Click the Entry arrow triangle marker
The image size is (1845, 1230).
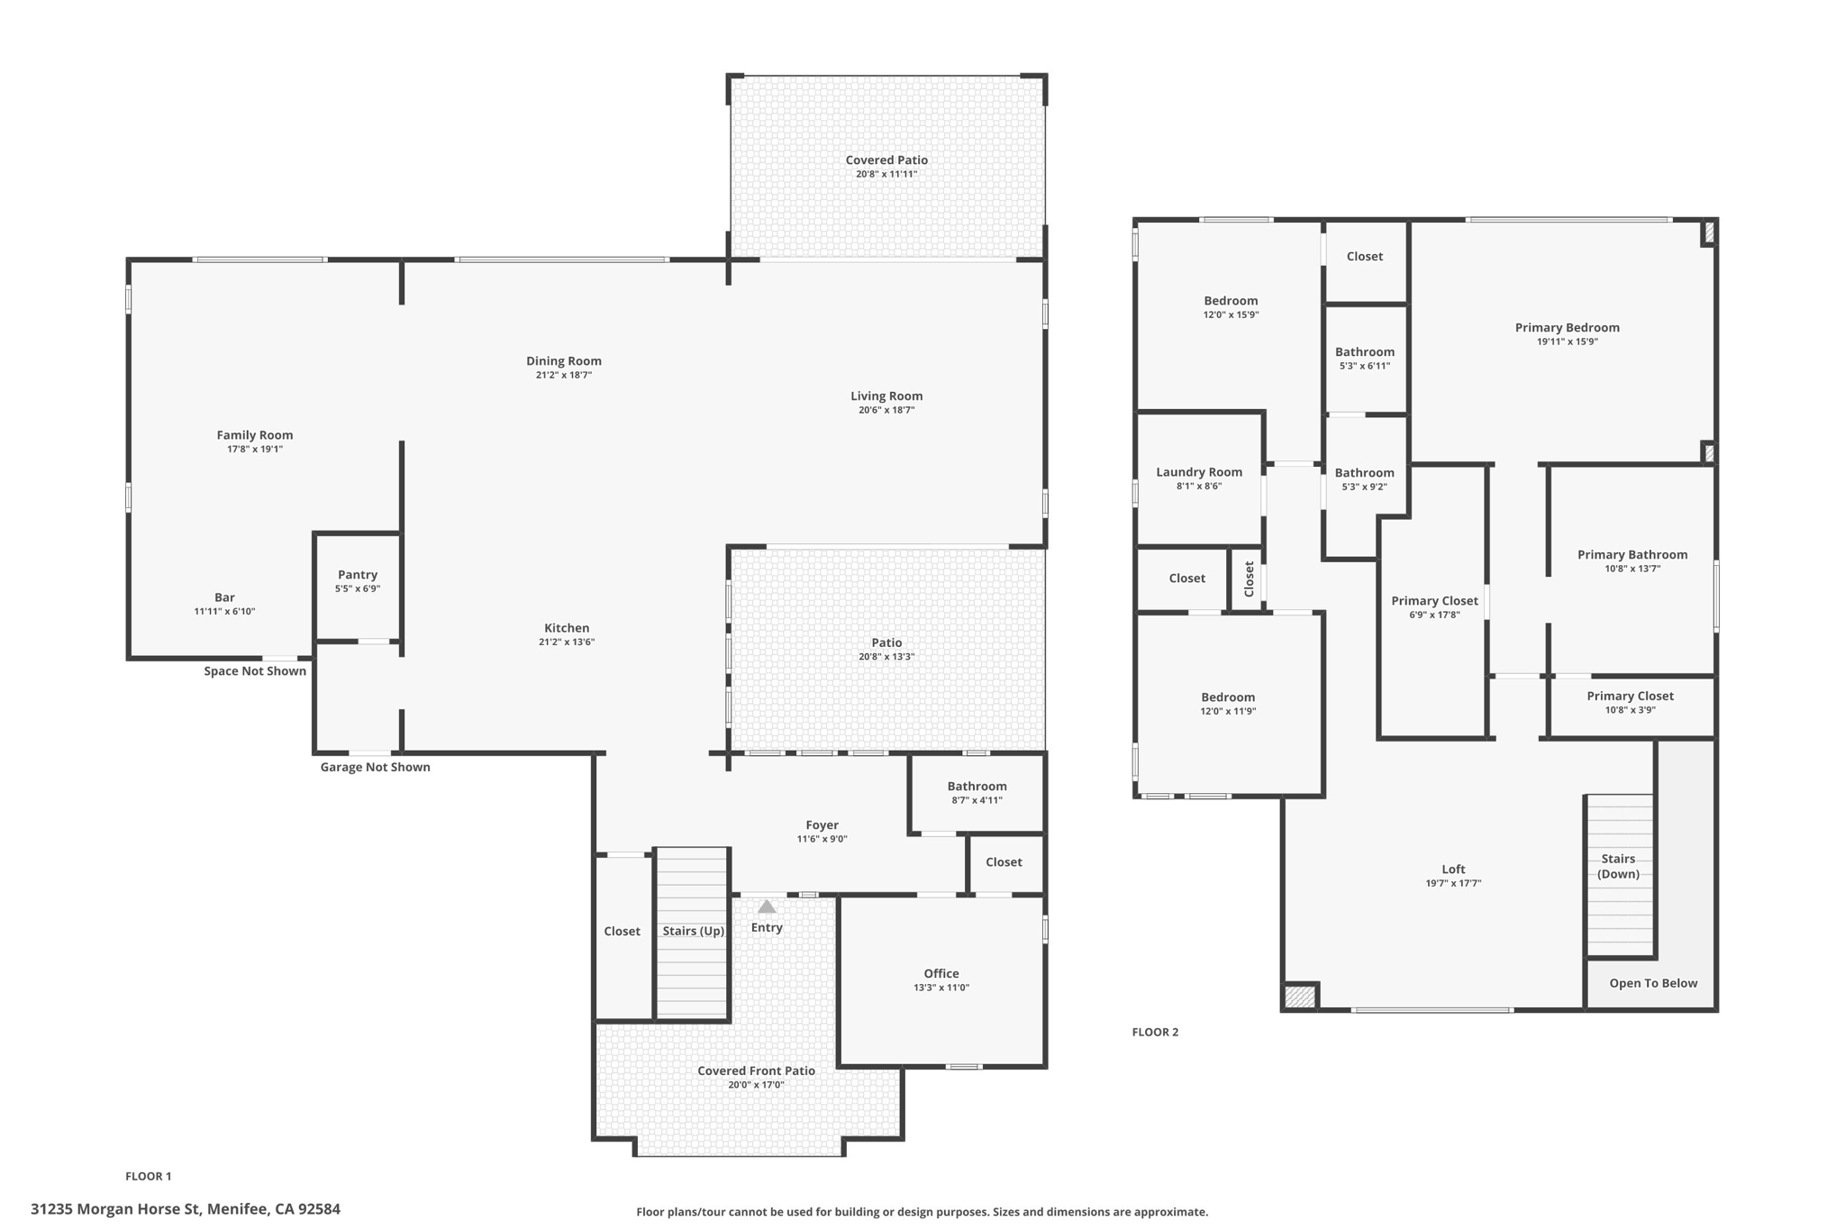(767, 907)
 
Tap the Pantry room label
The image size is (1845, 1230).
(358, 575)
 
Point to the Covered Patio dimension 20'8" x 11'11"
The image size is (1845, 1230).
(886, 174)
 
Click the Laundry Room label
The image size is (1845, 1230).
(1199, 472)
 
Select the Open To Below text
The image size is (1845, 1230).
(1653, 983)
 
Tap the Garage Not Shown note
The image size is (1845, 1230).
(375, 768)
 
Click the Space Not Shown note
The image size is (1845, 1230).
(255, 671)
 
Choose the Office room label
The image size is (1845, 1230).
(941, 973)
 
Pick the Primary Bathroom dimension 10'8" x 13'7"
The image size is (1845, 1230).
(1632, 569)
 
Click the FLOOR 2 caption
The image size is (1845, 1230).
(1155, 1032)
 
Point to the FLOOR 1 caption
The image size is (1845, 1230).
(149, 1176)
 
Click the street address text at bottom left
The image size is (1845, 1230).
(186, 1209)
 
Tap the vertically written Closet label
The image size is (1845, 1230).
(1249, 579)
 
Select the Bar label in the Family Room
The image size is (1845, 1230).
(224, 597)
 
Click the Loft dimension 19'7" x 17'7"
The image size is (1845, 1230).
(1453, 883)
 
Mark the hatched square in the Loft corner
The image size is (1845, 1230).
(1299, 997)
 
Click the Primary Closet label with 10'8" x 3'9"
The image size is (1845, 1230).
(1630, 696)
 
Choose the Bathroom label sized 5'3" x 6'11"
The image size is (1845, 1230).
(1365, 352)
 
